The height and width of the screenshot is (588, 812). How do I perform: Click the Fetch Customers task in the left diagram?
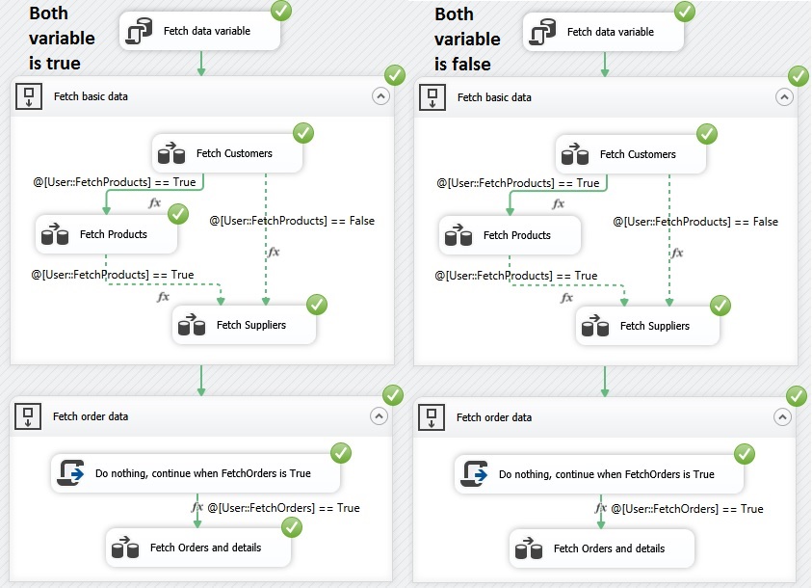click(227, 153)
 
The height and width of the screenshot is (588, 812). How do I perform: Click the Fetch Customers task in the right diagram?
click(631, 154)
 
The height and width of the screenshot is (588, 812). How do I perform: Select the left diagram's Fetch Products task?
click(108, 234)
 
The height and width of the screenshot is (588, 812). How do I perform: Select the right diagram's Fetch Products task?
click(511, 235)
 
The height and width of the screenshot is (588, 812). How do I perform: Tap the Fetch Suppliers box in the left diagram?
click(245, 325)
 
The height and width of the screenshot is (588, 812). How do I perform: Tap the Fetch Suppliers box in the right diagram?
click(648, 326)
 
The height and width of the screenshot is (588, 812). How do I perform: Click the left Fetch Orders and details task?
click(198, 548)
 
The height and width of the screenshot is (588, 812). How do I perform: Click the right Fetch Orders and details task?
click(602, 548)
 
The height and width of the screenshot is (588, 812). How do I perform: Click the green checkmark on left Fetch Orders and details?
click(292, 527)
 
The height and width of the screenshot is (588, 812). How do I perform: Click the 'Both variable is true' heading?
click(62, 39)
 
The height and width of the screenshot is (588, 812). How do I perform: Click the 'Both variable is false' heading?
click(467, 40)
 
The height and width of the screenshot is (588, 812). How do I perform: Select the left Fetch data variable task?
click(200, 32)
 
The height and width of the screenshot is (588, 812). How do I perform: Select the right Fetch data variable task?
click(604, 33)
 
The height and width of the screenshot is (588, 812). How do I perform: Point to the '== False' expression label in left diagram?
click(292, 221)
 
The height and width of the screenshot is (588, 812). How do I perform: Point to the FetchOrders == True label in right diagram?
click(688, 508)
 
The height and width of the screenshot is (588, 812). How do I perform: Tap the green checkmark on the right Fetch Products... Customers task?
click(707, 134)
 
